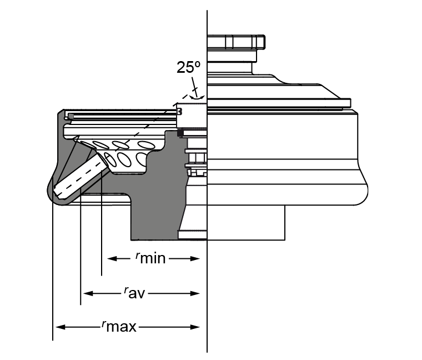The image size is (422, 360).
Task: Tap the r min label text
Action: pos(151,258)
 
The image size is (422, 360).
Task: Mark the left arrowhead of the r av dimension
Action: pos(87,293)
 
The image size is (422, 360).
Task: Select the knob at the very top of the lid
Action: pos(235,42)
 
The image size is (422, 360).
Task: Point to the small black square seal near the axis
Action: pos(180,133)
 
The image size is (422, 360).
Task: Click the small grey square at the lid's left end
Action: pos(71,116)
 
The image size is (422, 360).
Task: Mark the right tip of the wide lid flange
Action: pos(350,102)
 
